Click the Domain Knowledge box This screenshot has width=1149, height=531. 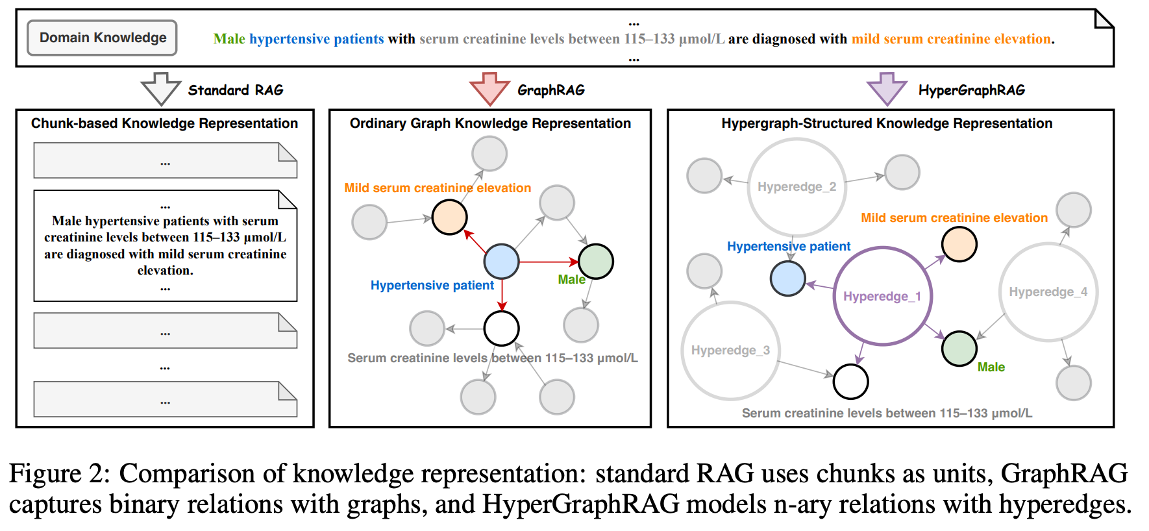click(x=103, y=38)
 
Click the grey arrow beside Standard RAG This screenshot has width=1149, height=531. click(x=160, y=88)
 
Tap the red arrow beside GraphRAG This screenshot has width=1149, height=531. click(x=489, y=88)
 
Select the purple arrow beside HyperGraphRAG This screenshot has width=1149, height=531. click(x=887, y=88)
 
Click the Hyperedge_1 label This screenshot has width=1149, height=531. click(x=882, y=296)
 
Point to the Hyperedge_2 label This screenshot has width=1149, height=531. click(x=797, y=187)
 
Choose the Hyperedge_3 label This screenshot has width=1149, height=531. click(x=730, y=351)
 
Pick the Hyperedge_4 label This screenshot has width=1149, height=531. click(x=1048, y=292)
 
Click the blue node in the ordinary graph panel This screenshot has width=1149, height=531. click(x=501, y=262)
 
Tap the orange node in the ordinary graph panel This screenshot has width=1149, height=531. click(x=449, y=217)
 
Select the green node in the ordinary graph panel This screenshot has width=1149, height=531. click(x=595, y=261)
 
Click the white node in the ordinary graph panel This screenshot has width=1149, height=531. click(x=501, y=328)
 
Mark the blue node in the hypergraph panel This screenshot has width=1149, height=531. click(x=787, y=278)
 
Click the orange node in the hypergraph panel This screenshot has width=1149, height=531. click(x=959, y=244)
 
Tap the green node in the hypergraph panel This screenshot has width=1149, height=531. click(x=959, y=349)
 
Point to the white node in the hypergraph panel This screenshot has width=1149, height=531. click(x=850, y=382)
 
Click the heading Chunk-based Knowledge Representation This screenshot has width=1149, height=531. click(x=164, y=123)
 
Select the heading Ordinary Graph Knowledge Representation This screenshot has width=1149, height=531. click(x=490, y=123)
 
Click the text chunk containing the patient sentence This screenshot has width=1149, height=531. click(x=165, y=246)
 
